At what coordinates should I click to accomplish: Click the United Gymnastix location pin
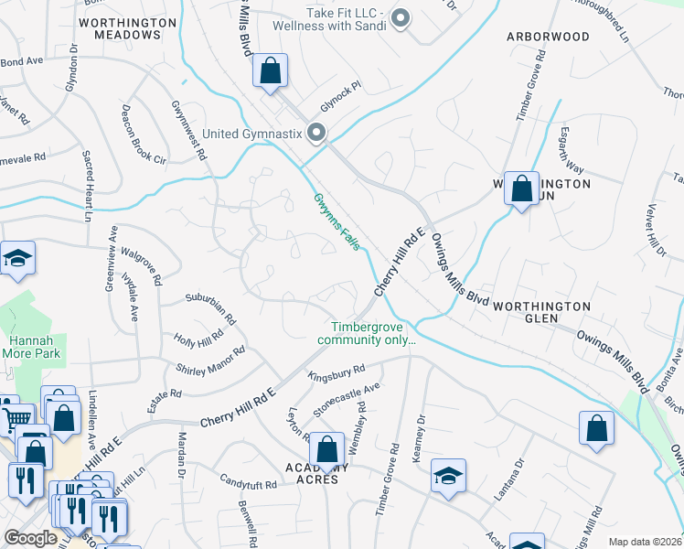317,134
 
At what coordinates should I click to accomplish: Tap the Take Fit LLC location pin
400,16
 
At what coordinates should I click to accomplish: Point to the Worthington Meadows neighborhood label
127,27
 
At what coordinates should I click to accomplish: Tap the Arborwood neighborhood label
548,37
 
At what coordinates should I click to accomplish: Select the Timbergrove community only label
367,333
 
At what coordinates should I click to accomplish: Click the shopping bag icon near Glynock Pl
271,70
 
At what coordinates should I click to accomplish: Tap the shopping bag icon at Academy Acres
326,450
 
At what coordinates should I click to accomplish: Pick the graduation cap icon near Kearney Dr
448,476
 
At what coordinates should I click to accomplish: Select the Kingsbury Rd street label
337,372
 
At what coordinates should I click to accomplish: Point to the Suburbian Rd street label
210,308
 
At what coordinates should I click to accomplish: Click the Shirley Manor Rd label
211,360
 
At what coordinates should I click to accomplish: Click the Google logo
30,538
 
